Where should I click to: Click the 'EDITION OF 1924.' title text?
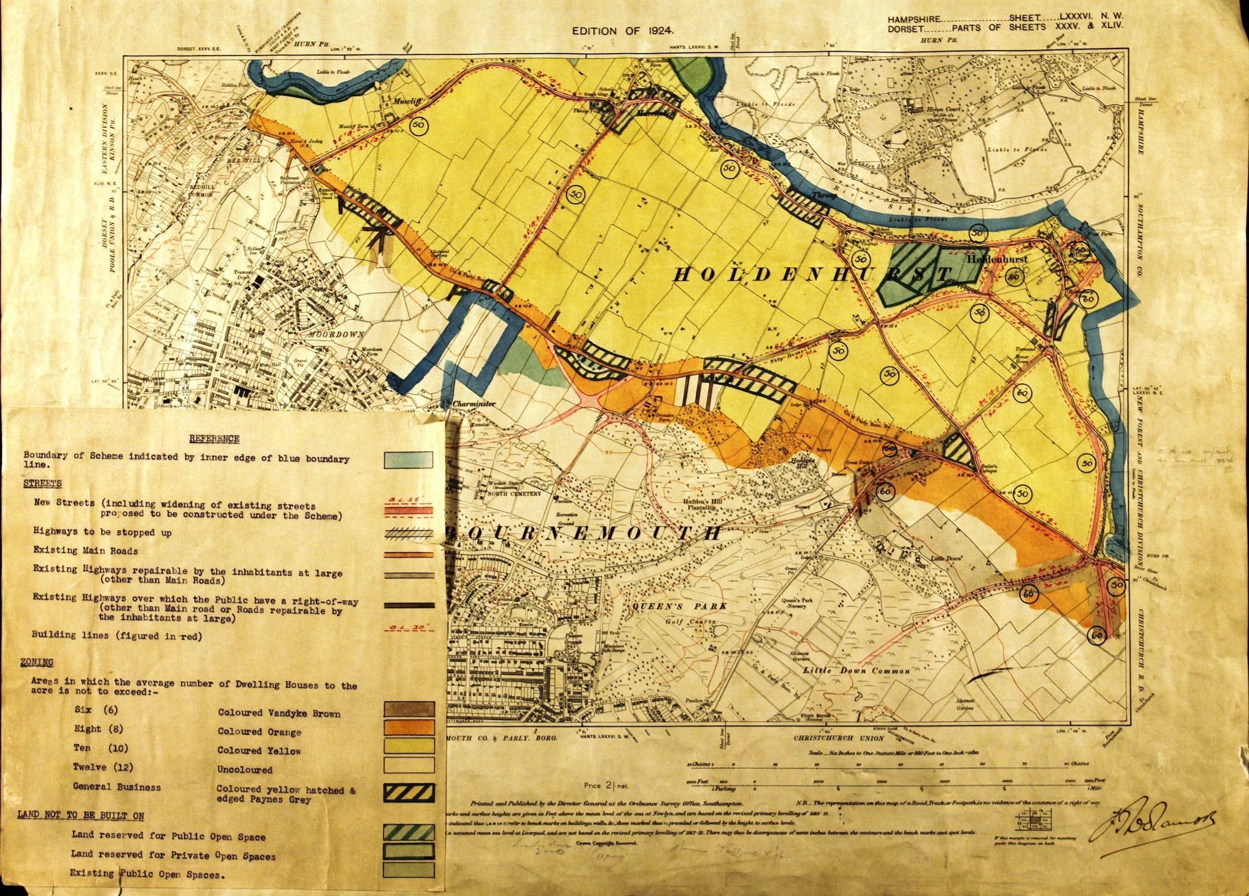coord(623,31)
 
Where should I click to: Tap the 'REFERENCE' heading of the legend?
coord(214,439)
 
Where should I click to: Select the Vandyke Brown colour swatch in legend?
coord(409,709)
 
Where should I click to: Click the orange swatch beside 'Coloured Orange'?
coord(409,727)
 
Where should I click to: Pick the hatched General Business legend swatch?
coord(409,792)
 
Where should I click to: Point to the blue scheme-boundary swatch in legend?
coord(408,460)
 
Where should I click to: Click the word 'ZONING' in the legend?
coord(37,662)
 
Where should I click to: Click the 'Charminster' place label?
coord(474,403)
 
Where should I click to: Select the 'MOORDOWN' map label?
coord(336,335)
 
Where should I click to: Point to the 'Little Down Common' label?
coord(856,671)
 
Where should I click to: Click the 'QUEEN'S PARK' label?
coord(679,606)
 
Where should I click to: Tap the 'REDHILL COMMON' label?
coord(200,190)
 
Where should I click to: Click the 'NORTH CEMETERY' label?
coord(514,494)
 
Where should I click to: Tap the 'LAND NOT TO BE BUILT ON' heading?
coord(81,815)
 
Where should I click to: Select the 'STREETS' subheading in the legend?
coord(42,484)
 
